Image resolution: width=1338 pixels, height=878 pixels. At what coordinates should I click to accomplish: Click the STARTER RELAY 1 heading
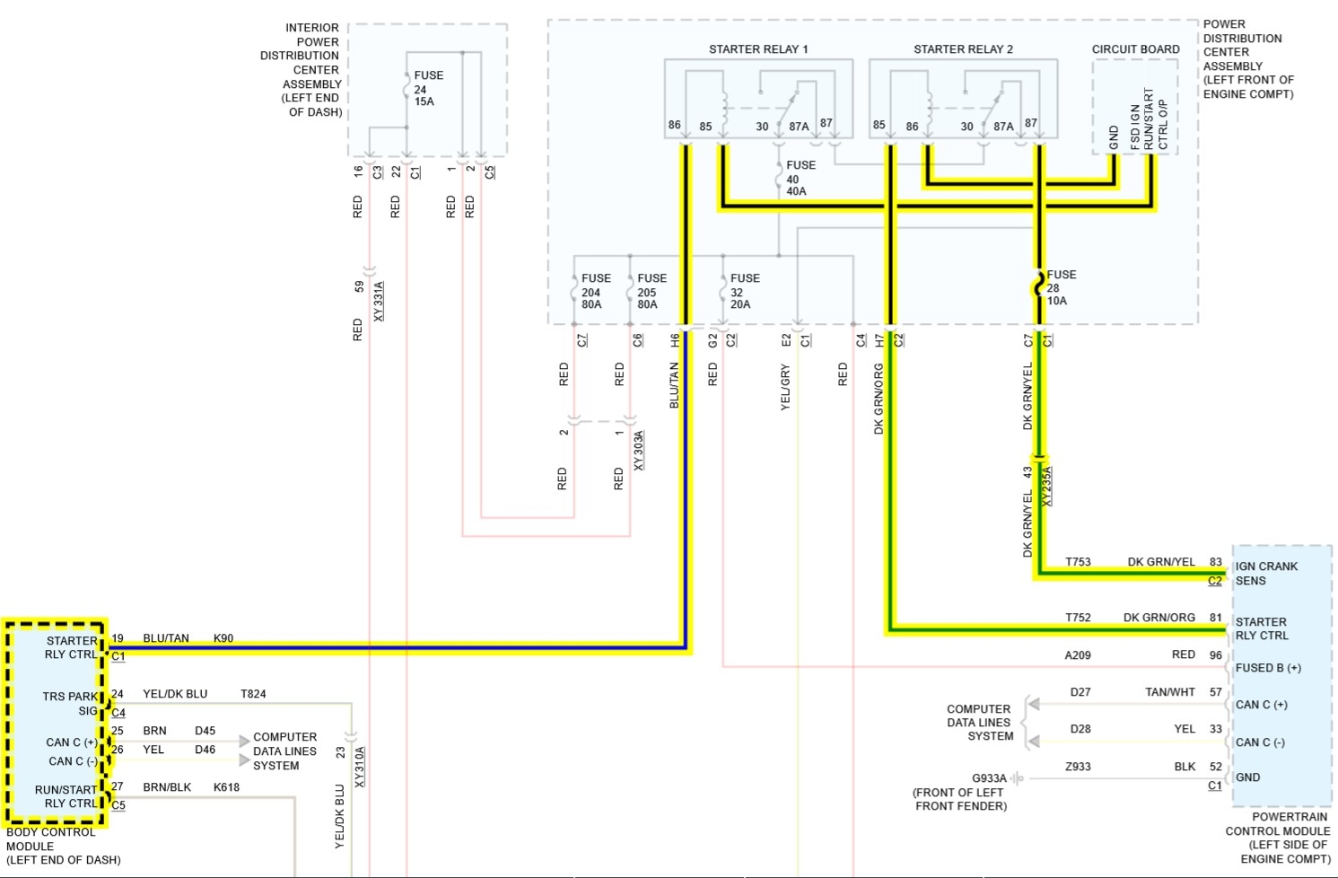[758, 49]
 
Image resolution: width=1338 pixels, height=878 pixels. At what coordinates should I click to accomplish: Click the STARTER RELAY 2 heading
[963, 49]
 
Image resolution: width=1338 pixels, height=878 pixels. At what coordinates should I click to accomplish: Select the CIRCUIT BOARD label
[1135, 49]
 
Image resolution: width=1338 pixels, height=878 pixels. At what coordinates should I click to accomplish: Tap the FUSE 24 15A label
[427, 89]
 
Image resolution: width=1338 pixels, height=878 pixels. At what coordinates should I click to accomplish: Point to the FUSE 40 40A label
[799, 178]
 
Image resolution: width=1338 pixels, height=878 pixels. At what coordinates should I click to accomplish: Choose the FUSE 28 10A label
[1060, 287]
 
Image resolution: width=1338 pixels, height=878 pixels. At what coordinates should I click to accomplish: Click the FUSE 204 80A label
[594, 291]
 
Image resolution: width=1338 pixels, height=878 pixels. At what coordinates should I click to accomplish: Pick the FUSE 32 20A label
[744, 291]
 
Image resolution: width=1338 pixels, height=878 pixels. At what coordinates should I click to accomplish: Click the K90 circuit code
[223, 638]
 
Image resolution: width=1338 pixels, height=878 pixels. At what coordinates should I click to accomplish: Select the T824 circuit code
[253, 694]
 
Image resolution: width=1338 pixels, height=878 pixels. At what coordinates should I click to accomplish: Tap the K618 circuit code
[226, 787]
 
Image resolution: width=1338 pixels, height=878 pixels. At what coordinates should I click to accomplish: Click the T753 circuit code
[1078, 562]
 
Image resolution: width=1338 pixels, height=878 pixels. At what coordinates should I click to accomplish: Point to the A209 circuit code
[1078, 655]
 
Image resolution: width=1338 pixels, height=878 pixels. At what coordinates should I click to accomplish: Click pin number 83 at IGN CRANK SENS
[1216, 562]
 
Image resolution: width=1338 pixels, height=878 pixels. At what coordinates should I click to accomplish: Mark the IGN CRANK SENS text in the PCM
[1265, 574]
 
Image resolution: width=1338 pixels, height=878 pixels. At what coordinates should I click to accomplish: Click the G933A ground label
[989, 778]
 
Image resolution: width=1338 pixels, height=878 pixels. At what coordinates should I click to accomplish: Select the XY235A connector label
[1046, 487]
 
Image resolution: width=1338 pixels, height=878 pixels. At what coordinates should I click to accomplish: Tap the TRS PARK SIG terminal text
[70, 703]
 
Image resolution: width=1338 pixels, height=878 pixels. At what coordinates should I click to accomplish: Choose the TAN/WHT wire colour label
[1169, 692]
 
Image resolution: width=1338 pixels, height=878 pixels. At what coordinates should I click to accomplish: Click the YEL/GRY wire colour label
[786, 387]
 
